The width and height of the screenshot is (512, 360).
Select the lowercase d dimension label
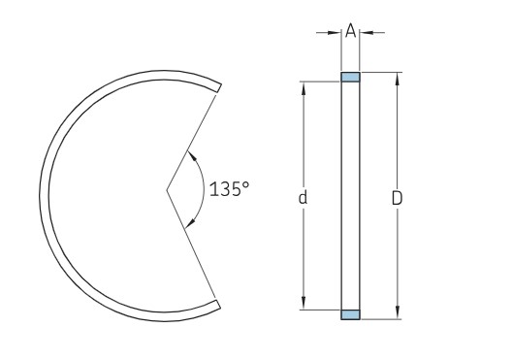point(304,197)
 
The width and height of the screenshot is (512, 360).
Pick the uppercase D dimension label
point(396,197)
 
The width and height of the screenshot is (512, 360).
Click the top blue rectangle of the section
point(350,77)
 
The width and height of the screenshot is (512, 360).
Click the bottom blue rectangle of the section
point(350,314)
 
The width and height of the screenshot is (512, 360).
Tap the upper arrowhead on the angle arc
point(192,155)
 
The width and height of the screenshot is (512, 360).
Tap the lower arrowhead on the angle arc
point(191,223)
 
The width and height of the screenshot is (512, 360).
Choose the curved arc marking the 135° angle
point(202,189)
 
